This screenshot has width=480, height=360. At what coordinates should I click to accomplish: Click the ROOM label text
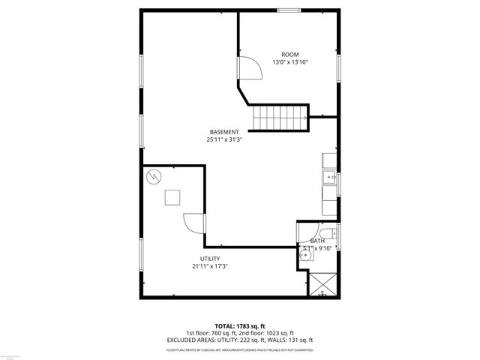click(289, 55)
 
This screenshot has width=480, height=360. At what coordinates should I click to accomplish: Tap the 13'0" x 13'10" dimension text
click(289, 62)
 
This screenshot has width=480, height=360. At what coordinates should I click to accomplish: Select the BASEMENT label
click(224, 132)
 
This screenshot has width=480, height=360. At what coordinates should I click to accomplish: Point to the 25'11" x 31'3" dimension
click(224, 139)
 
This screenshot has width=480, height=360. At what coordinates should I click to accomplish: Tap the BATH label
click(317, 240)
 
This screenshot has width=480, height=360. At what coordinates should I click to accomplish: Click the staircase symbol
click(279, 117)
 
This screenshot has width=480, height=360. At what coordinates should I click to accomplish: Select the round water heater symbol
click(154, 177)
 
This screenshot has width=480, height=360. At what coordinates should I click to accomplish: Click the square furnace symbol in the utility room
click(172, 197)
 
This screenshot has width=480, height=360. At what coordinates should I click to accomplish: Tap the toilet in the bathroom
click(329, 232)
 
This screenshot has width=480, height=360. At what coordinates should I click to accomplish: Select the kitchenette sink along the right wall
click(329, 178)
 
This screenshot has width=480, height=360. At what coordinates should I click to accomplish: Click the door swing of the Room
click(249, 69)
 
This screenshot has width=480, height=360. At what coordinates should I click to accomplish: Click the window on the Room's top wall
click(288, 10)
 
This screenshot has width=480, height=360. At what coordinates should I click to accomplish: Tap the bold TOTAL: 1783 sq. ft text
click(239, 326)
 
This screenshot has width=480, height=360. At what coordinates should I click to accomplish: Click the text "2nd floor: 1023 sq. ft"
click(265, 333)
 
